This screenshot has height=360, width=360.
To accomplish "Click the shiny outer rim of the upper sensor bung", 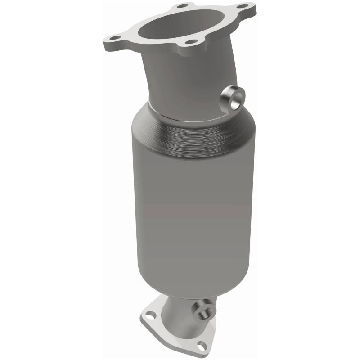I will pos(229,95).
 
